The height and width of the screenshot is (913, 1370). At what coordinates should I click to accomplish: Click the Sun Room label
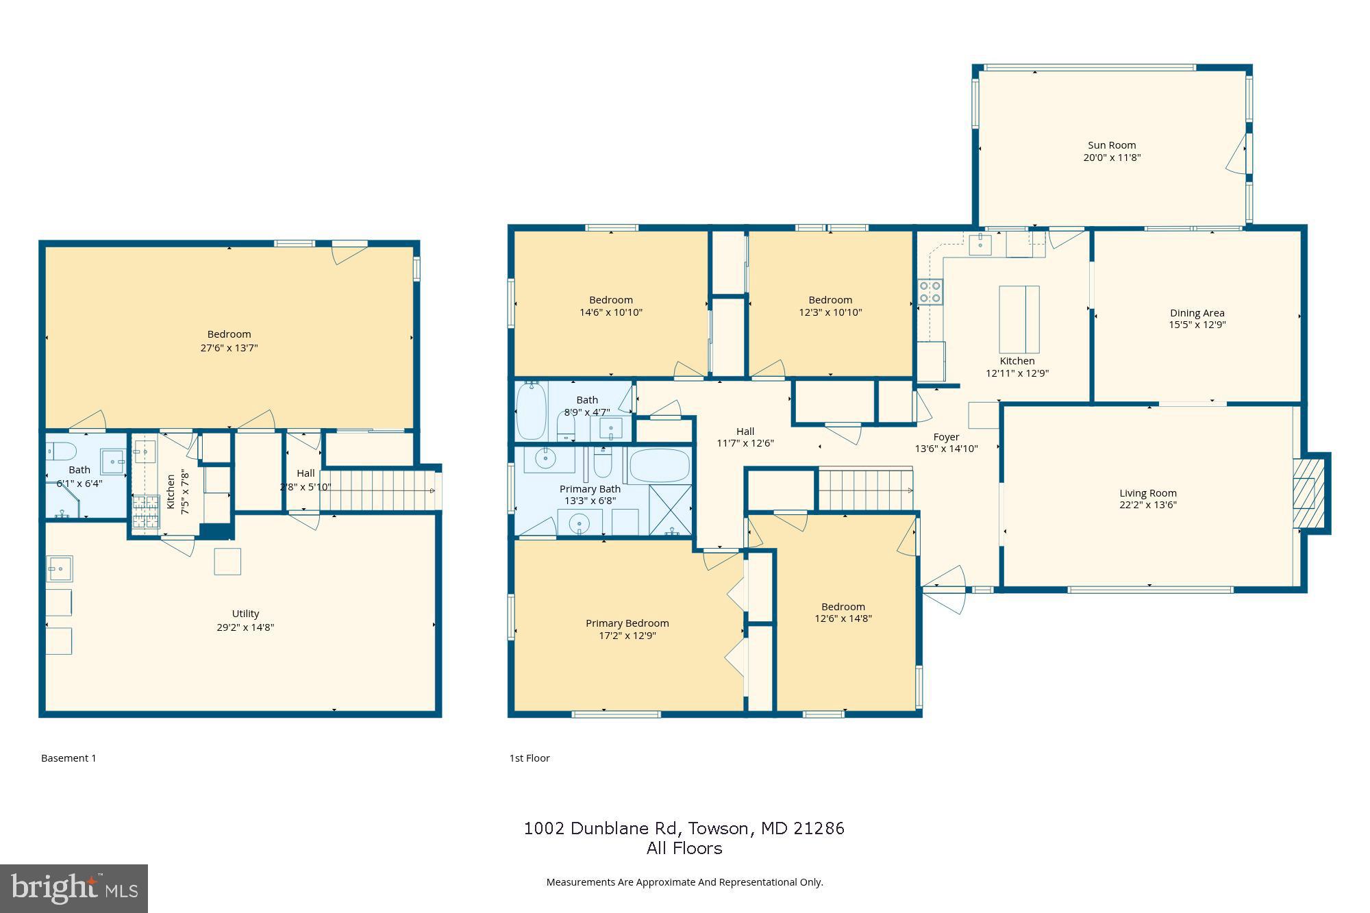[1112, 145]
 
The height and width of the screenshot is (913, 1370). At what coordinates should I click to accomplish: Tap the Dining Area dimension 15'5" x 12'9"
[1197, 325]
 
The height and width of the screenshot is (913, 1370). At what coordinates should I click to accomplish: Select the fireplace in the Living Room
[1310, 493]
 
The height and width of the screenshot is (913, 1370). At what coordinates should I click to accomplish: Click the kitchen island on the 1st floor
[1019, 319]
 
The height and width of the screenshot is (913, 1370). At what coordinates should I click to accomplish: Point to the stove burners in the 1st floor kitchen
[930, 292]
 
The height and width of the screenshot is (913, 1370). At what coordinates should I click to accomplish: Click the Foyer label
[946, 437]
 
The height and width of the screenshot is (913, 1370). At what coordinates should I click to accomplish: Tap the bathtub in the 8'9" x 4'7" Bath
[531, 411]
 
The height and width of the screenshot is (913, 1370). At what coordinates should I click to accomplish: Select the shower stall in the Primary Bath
[670, 510]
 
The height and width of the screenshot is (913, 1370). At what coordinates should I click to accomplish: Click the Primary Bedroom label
[627, 623]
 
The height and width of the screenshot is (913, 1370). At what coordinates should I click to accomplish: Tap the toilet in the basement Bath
[63, 451]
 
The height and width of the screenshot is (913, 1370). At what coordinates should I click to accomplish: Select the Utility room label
[245, 614]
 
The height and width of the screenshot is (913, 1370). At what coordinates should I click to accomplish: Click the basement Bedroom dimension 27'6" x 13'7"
[229, 348]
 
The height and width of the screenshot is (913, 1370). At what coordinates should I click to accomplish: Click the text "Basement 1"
[68, 758]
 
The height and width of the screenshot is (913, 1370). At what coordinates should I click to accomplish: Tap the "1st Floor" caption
[529, 758]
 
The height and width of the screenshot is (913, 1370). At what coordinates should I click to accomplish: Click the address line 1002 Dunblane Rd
[684, 829]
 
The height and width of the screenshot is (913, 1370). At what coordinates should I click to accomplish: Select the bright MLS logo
[74, 888]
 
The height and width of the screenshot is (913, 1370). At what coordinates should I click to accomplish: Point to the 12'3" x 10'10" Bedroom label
[830, 300]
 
